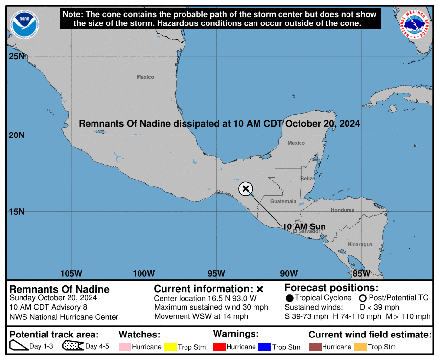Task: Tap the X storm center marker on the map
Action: pyautogui.click(x=246, y=189)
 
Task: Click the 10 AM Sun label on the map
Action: pyautogui.click(x=304, y=226)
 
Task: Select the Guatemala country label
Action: pyautogui.click(x=283, y=201)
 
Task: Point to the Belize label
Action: pyautogui.click(x=307, y=179)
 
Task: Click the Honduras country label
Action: pyautogui.click(x=343, y=210)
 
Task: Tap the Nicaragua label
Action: pyautogui.click(x=360, y=244)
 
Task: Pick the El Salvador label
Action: pyautogui.click(x=306, y=231)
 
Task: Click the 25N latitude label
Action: pyautogui.click(x=16, y=57)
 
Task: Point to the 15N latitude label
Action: pyautogui.click(x=16, y=212)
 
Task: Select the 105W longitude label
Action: pyautogui.click(x=71, y=273)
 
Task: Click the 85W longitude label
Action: pyautogui.click(x=361, y=273)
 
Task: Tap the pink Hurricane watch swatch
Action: pyautogui.click(x=125, y=347)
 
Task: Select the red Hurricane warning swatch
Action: pyautogui.click(x=220, y=347)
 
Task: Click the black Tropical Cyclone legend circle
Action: pyautogui.click(x=289, y=298)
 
